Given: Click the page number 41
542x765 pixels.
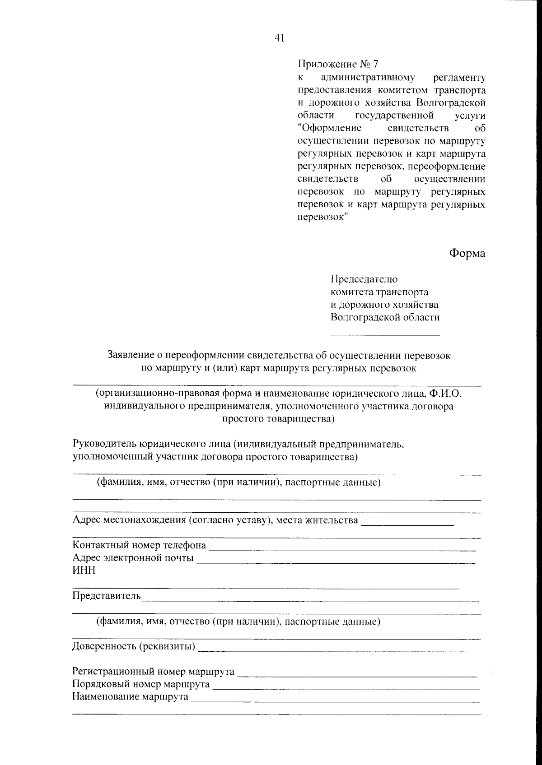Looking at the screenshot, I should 279,39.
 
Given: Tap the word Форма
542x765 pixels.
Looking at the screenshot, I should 467,253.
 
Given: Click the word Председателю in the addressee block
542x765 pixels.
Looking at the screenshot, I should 364,279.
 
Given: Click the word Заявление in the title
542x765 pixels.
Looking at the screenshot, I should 130,355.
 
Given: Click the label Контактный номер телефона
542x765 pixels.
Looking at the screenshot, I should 139,545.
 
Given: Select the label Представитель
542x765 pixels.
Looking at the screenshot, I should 107,596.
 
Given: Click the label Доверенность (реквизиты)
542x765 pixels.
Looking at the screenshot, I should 134,646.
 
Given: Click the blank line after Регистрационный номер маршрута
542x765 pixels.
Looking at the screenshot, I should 357,676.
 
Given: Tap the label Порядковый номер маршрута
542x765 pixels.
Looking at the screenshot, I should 140,684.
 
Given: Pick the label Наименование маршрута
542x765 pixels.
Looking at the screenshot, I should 130,697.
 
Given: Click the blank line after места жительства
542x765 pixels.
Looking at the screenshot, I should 407,525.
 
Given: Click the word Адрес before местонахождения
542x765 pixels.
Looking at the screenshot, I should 87,520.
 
